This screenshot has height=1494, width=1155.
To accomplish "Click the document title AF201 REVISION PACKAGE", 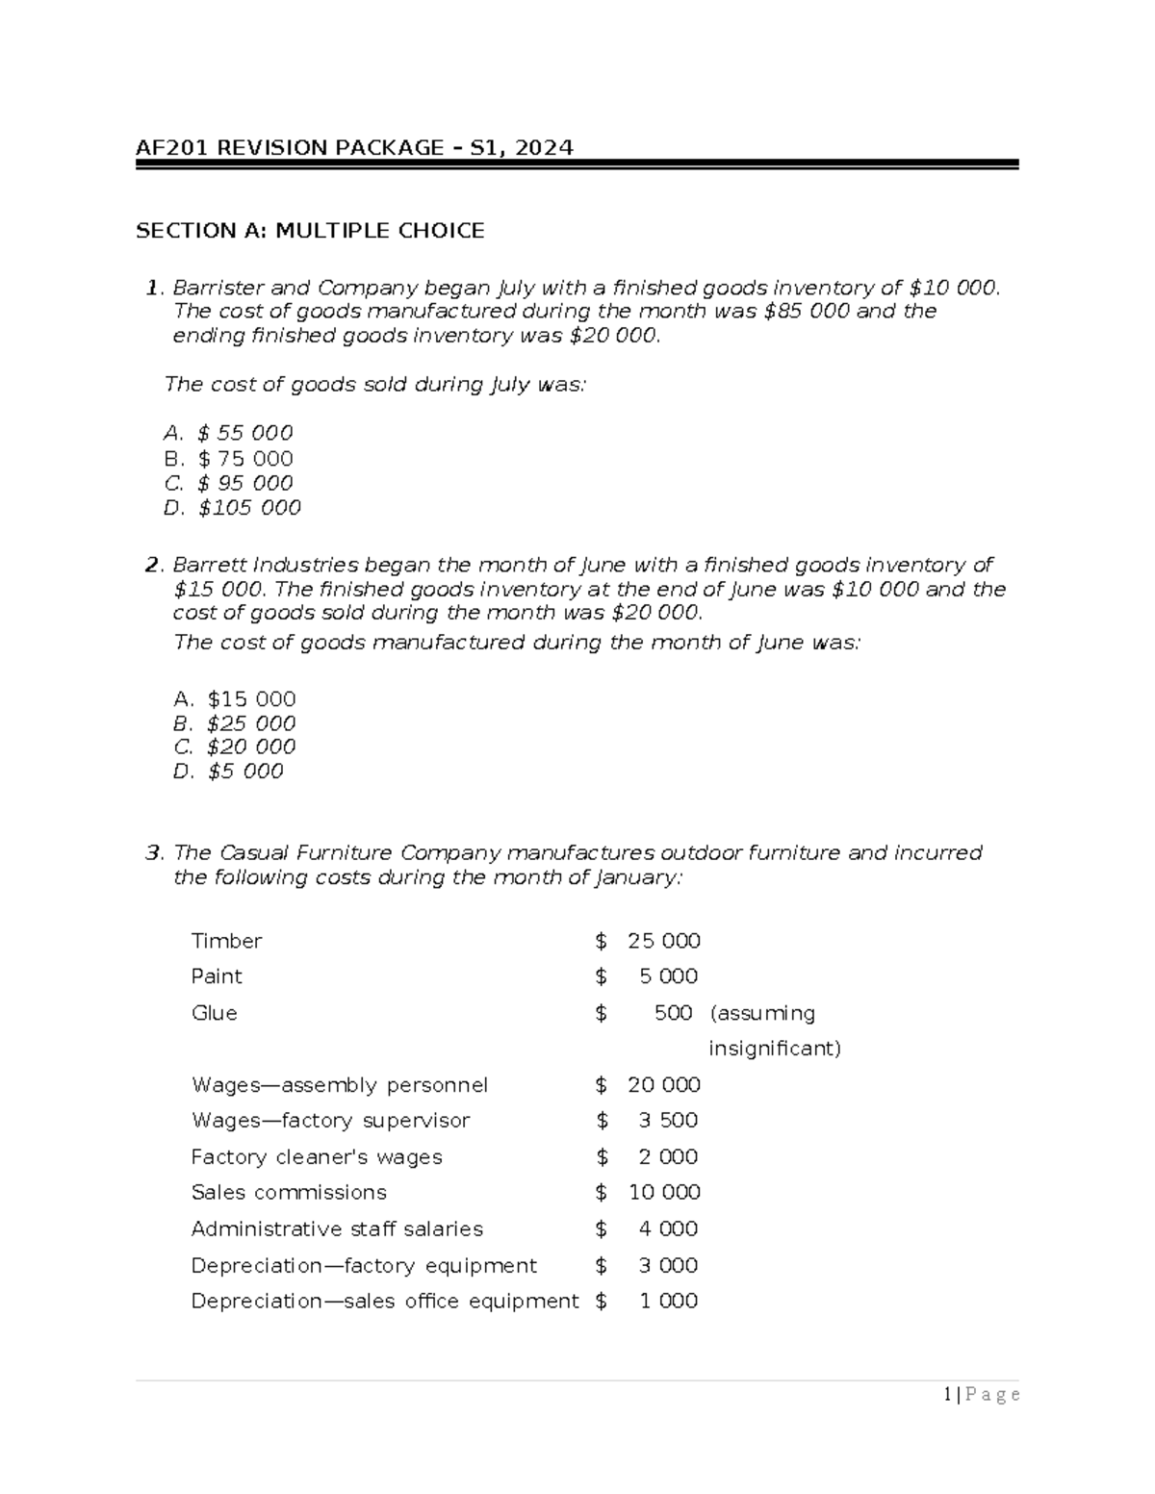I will pyautogui.click(x=353, y=147).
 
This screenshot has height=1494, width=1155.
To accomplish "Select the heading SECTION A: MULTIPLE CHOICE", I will pyautogui.click(x=310, y=231).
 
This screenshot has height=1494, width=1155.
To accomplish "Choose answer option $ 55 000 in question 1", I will pyautogui.click(x=244, y=433).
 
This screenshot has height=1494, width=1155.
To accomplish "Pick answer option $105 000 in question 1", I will pyautogui.click(x=249, y=507).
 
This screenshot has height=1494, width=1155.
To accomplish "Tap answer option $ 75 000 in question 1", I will pyautogui.click(x=244, y=458).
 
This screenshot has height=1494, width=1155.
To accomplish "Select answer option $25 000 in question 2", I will pyautogui.click(x=250, y=722).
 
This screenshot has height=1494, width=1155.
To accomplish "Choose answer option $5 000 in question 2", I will pyautogui.click(x=244, y=771).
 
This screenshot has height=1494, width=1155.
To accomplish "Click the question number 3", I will pyautogui.click(x=152, y=853).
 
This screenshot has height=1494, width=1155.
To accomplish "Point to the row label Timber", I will pyautogui.click(x=226, y=941).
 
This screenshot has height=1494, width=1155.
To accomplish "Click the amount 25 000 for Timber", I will pyautogui.click(x=663, y=941).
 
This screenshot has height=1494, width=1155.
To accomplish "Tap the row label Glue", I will pyautogui.click(x=214, y=1013).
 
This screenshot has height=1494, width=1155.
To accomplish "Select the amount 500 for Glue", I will pyautogui.click(x=673, y=1013).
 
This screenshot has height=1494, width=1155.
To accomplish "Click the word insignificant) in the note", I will pyautogui.click(x=774, y=1049).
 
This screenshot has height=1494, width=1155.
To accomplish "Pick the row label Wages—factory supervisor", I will pyautogui.click(x=330, y=1121).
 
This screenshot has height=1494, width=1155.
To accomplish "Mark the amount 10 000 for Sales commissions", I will pyautogui.click(x=663, y=1193).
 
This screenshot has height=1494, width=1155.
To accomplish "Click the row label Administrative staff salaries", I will pyautogui.click(x=337, y=1229).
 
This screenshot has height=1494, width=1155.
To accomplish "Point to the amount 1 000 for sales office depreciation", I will pyautogui.click(x=668, y=1301).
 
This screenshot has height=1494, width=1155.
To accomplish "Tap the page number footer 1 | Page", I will pyautogui.click(x=982, y=1395).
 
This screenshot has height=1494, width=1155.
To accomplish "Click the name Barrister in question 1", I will pyautogui.click(x=218, y=288).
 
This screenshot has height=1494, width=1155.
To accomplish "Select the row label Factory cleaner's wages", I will pyautogui.click(x=317, y=1156).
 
